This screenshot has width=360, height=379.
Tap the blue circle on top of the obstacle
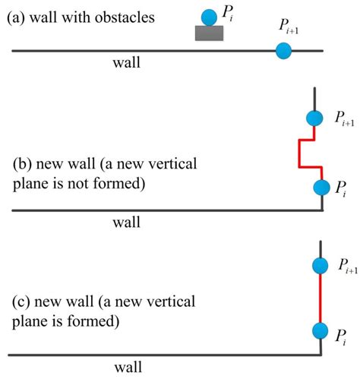click(x=209, y=16)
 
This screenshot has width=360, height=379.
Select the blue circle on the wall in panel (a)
click(x=283, y=50)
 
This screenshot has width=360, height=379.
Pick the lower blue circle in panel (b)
click(x=321, y=187)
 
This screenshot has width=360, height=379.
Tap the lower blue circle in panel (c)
click(x=321, y=333)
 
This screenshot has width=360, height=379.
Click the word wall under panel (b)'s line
click(x=126, y=223)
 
